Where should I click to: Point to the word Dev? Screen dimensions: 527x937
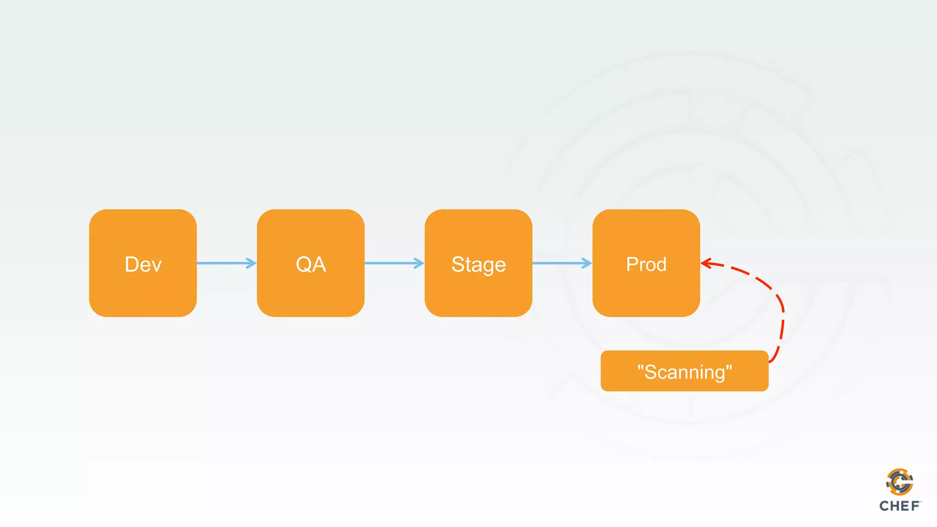pos(143,264)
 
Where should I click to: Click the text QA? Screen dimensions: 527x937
pos(311,264)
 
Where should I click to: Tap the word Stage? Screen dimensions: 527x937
pos(479,265)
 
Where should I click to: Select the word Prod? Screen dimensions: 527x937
pos(646,264)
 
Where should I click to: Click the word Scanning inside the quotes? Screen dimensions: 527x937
pos(684,372)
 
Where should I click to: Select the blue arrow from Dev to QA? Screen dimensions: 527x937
pos(224,263)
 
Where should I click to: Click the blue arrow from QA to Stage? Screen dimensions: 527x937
pos(392,263)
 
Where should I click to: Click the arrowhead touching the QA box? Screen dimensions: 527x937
pos(252,263)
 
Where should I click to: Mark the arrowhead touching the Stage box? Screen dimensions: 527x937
pos(419,263)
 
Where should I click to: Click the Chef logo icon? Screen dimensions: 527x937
pos(899,482)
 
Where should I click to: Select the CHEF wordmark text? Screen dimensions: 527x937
pos(899,506)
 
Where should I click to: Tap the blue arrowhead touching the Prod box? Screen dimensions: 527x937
pos(587,263)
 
